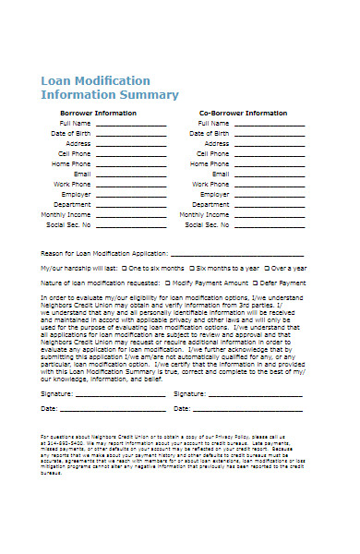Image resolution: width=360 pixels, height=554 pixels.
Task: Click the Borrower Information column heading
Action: [x=97, y=113]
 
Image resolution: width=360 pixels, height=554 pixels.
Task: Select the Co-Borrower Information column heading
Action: [x=242, y=113]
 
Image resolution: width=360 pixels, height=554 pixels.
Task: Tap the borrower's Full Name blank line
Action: [x=131, y=124]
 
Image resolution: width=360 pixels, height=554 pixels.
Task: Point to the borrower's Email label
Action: [x=82, y=174]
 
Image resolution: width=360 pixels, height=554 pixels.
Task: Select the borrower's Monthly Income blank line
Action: [x=131, y=215]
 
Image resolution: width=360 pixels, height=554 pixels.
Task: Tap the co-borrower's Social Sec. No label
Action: [x=208, y=224]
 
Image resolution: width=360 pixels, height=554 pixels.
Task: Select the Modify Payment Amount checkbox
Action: [x=167, y=282]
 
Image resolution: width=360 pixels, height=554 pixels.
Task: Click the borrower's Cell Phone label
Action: [x=76, y=153]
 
